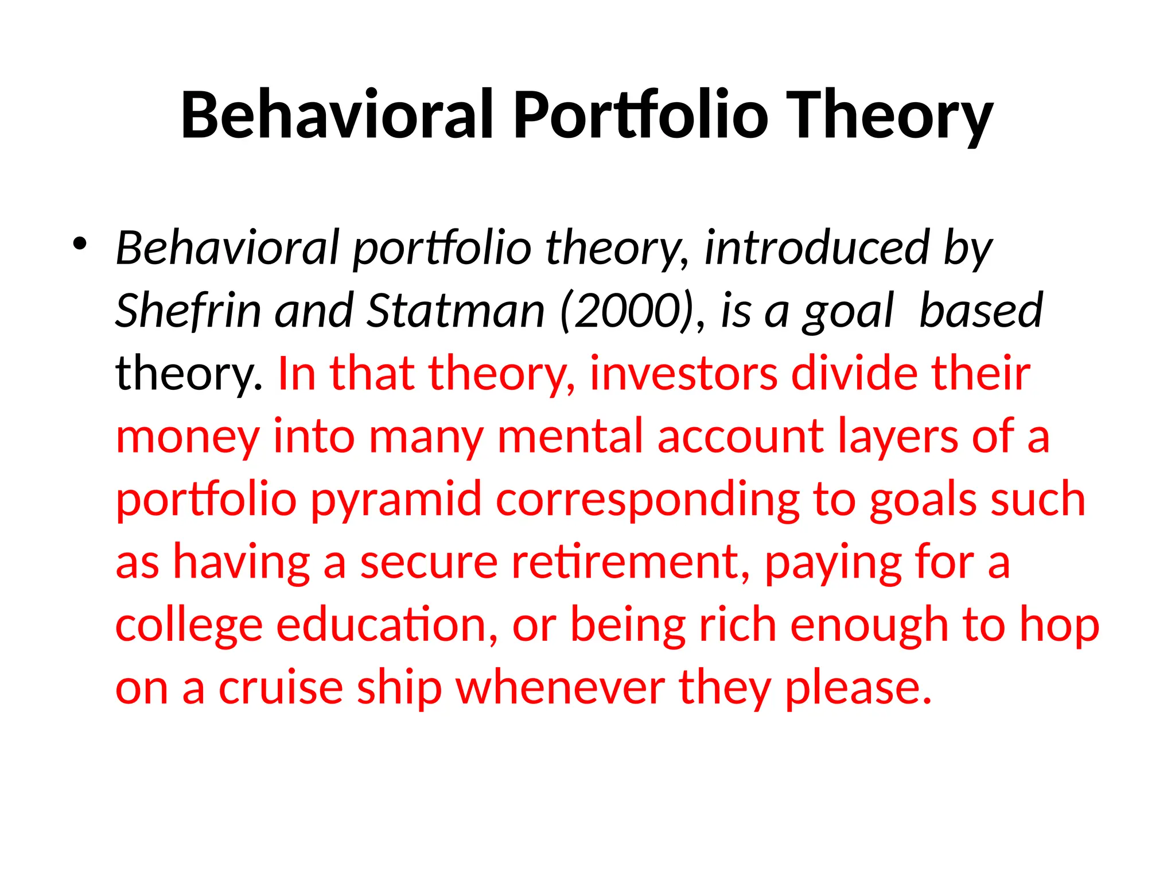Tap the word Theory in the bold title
[889, 118]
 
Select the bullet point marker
[80, 244]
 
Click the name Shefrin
[188, 311]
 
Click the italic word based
[981, 311]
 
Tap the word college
[189, 626]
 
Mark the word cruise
[281, 688]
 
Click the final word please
[858, 689]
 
